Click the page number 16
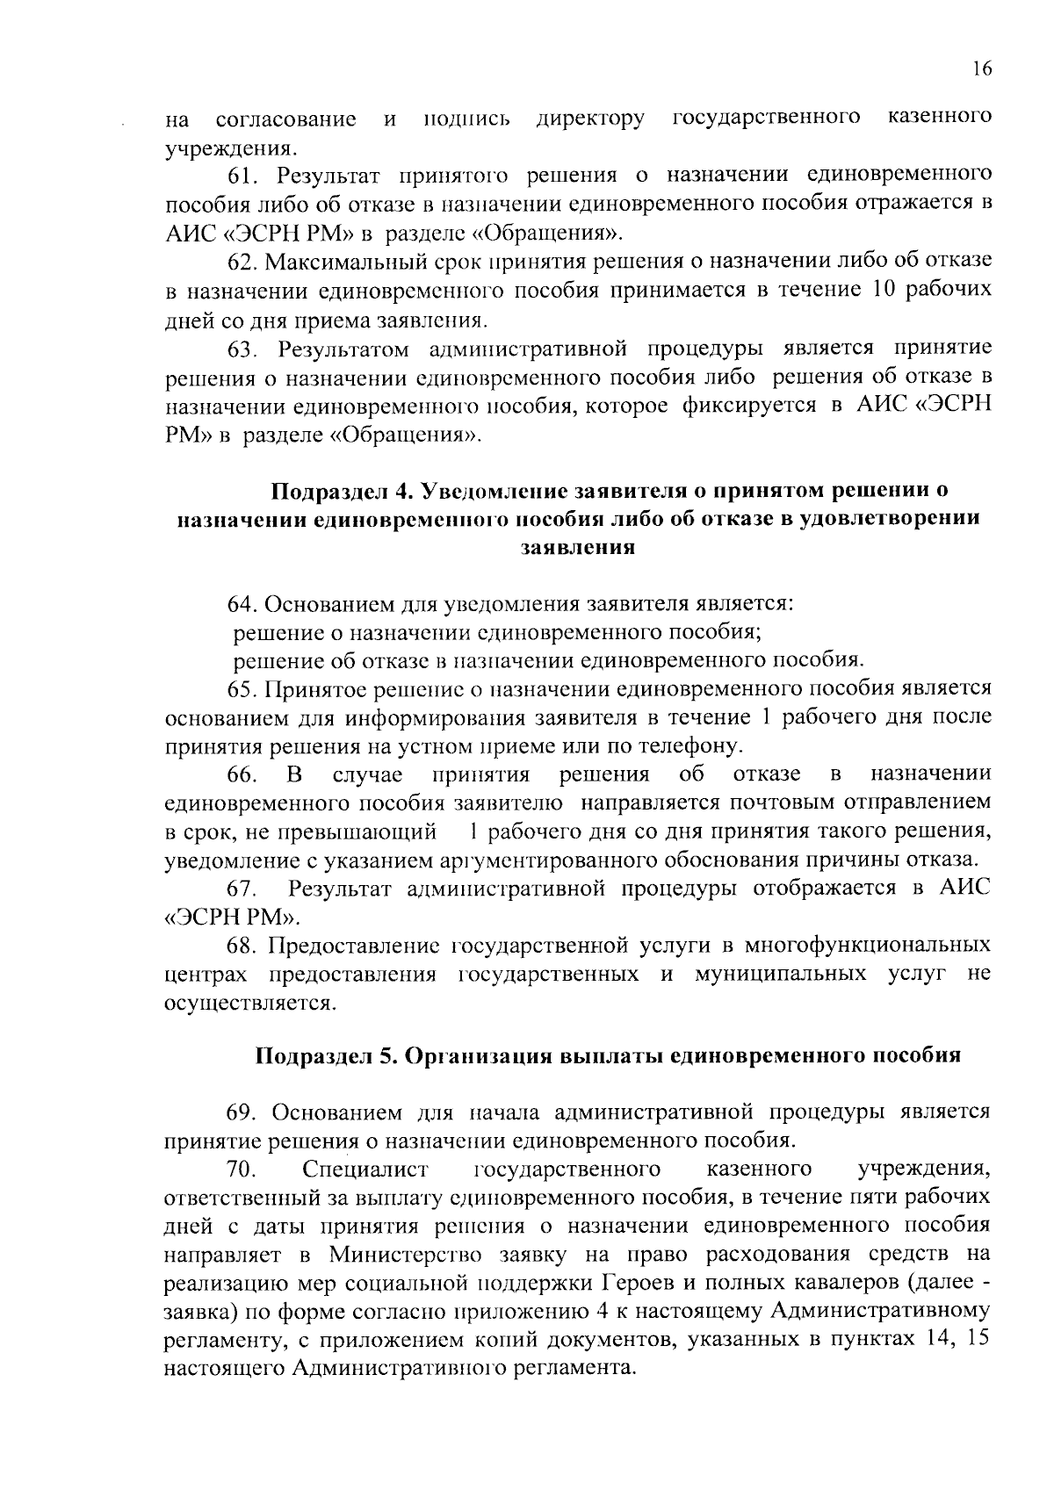(982, 70)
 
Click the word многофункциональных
(868, 946)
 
